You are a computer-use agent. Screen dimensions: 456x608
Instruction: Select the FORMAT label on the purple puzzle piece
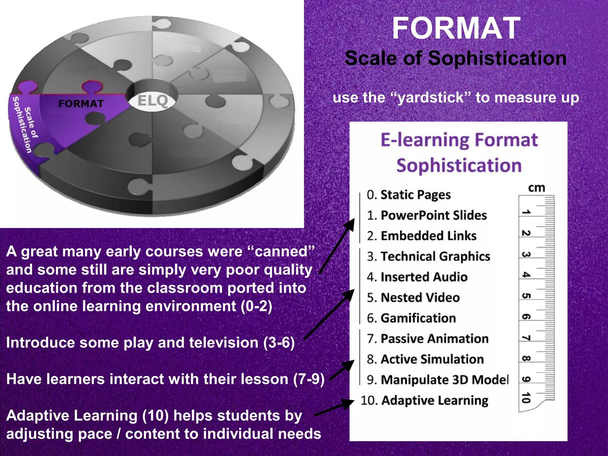pos(81,104)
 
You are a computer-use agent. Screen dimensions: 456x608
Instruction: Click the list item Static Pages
pos(408,195)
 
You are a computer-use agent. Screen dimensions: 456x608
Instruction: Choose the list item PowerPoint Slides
pos(427,215)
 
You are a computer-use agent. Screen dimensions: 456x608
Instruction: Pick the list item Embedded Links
pos(422,236)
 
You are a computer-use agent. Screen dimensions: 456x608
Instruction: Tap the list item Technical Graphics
pos(428,256)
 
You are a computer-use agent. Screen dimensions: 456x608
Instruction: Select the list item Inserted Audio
pos(417,277)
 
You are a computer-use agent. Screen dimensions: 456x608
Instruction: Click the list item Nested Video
pos(413,297)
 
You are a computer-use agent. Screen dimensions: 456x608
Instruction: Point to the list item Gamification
pos(411,318)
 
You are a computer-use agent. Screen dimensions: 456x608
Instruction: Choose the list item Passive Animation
pos(427,338)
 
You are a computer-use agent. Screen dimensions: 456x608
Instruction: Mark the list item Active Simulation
pos(425,359)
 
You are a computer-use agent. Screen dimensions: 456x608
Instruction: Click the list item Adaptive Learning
pos(424,400)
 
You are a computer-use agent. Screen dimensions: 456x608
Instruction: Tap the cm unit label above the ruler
pos(536,188)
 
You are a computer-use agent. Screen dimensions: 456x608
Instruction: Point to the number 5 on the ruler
pos(526,296)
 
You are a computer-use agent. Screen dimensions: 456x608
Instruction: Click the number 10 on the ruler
pos(526,398)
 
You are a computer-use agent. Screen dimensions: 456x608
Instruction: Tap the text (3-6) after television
pos(279,343)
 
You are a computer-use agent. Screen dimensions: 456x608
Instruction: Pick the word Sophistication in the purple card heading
pos(459,165)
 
